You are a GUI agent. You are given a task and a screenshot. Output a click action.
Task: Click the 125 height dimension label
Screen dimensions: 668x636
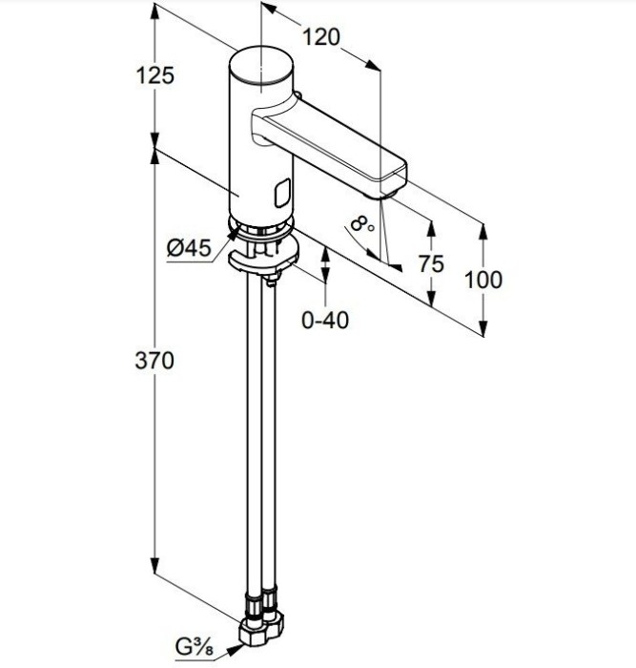(154, 75)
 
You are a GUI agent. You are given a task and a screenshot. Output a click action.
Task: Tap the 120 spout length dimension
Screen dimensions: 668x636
(321, 38)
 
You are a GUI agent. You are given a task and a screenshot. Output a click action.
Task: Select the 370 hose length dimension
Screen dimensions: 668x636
(154, 361)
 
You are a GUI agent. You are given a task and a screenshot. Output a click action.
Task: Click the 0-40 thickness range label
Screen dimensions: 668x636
(325, 321)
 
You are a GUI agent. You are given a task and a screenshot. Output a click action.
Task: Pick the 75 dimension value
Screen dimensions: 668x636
(431, 264)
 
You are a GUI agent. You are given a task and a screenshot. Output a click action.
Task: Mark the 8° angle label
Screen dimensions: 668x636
(361, 226)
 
